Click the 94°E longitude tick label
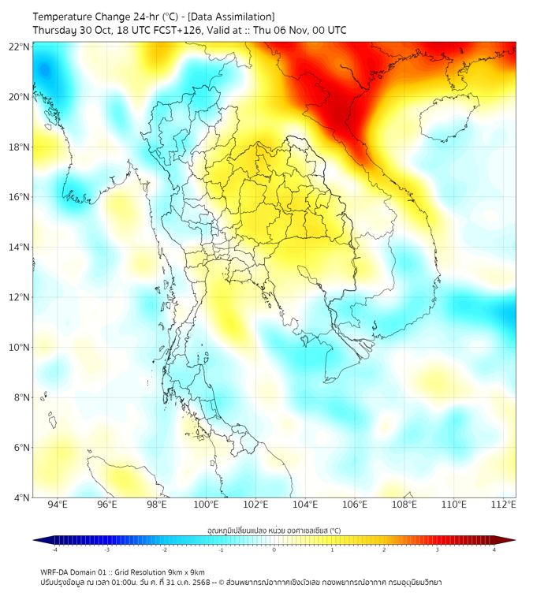tap(58, 505)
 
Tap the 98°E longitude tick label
tap(157, 505)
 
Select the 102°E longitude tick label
tap(255, 505)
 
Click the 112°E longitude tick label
tap(503, 505)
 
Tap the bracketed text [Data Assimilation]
tap(233, 17)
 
